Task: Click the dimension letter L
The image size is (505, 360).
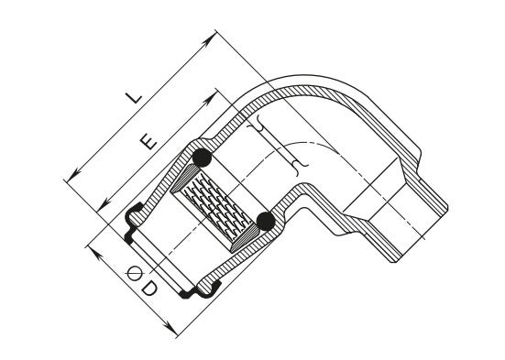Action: (x=134, y=97)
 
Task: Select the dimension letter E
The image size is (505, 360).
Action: (x=148, y=142)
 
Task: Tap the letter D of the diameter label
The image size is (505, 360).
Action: (x=149, y=289)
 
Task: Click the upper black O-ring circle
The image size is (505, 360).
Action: (x=202, y=158)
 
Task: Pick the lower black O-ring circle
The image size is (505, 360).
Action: (x=266, y=221)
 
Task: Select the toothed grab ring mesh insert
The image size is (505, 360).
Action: (x=215, y=205)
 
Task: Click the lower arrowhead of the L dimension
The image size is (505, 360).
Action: (x=73, y=175)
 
